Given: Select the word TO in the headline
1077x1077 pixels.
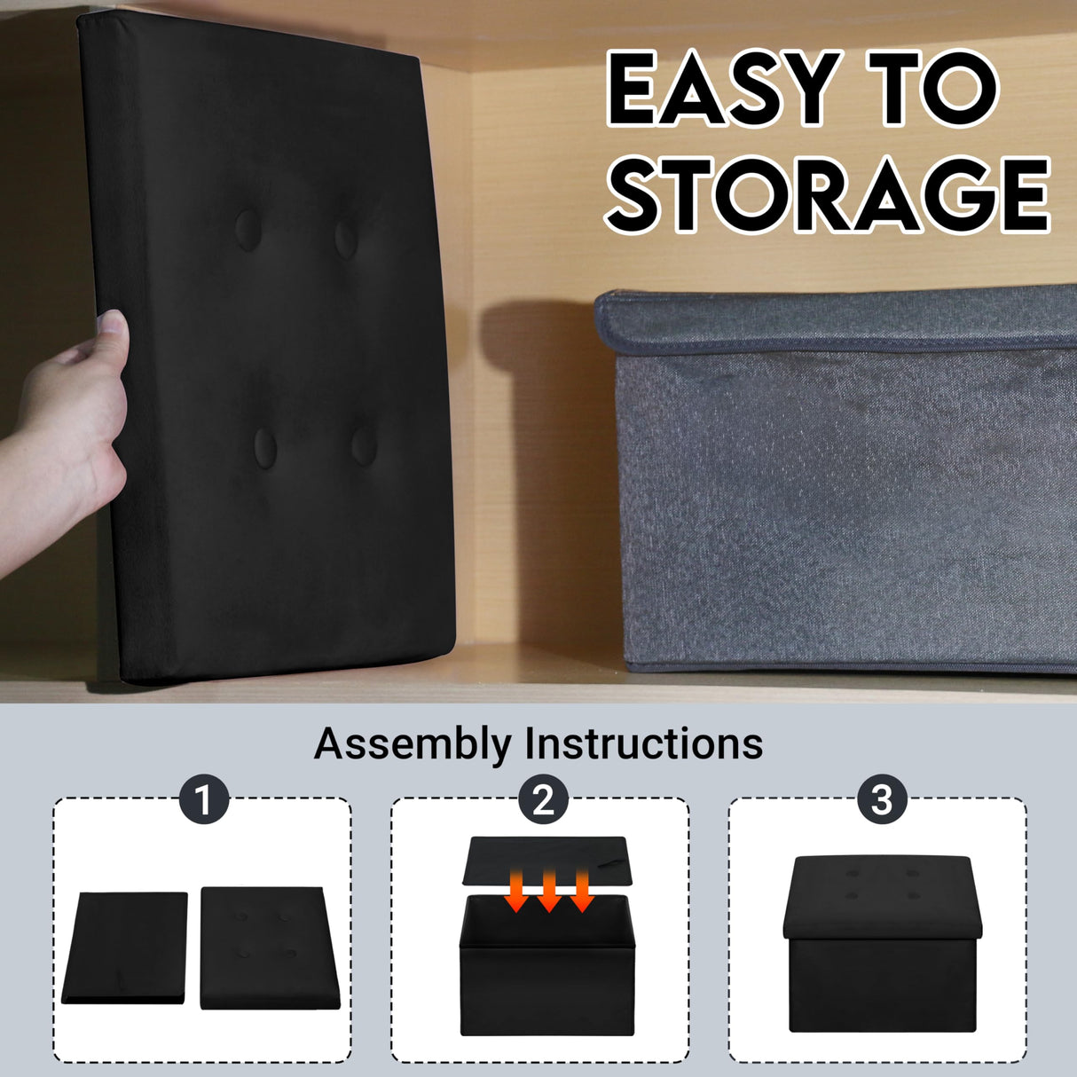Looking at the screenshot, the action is coord(932,89).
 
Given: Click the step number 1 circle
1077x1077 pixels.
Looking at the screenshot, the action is coord(204,800).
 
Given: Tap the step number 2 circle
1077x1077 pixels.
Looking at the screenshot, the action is coord(543,800).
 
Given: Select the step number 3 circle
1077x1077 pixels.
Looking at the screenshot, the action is coord(882,800).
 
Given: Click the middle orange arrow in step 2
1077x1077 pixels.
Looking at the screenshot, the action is coord(549,890).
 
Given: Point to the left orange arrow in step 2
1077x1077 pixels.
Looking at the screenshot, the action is coord(515,890).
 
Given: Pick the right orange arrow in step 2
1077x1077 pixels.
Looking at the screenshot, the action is coord(582,890).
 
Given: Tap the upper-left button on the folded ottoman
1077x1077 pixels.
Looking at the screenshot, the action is coord(248,230).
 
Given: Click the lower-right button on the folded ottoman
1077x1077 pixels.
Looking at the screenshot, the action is coord(365,445).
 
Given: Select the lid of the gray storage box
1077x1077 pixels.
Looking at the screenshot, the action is coord(836,321).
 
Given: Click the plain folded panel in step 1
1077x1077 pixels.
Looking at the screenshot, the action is coord(124,947).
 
